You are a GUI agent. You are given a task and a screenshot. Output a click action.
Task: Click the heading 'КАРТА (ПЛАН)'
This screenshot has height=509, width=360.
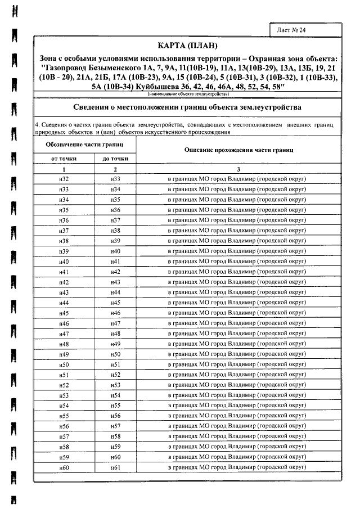188,46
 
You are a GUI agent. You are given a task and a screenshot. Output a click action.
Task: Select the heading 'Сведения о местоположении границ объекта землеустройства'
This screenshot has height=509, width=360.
188,107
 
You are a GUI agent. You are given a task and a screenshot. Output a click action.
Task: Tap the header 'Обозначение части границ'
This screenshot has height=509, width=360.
84,145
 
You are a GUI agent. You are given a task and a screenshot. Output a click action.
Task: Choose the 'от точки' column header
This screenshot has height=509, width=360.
64,159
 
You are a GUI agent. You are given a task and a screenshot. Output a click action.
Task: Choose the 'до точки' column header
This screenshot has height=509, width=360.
115,159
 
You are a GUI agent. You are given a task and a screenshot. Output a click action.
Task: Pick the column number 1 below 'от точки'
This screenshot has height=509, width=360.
64,169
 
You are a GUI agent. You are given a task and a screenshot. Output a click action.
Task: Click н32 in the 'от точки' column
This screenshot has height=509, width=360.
64,178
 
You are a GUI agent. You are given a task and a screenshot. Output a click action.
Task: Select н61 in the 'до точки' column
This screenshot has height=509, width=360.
116,468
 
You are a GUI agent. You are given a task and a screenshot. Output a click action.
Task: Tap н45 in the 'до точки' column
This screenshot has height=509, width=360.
116,303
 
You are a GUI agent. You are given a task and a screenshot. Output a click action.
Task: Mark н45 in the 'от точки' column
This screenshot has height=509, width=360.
64,313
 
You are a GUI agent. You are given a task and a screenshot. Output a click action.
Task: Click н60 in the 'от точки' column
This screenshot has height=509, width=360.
64,468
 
